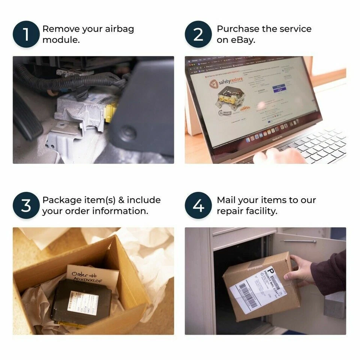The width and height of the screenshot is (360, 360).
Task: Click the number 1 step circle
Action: point(26,34)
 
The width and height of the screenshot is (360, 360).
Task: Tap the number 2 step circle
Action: point(198,34)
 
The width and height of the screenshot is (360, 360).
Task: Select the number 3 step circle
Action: point(26,205)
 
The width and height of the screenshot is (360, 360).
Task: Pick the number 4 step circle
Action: point(198,205)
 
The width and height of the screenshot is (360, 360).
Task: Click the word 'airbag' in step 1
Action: point(118,29)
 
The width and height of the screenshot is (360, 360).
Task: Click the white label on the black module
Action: point(82,300)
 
